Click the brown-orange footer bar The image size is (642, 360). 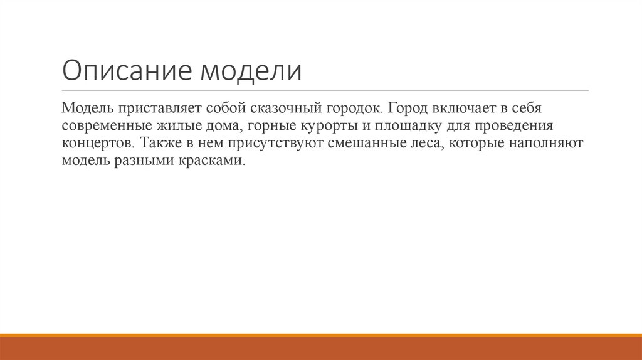[321, 347]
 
